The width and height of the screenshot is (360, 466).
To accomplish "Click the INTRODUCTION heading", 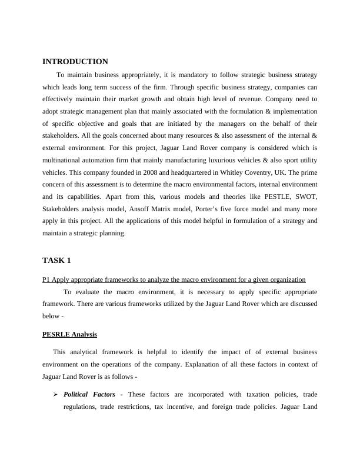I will pos(75,62).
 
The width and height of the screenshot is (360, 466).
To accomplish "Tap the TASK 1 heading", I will pos(56,260).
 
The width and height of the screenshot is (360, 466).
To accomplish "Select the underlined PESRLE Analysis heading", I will pos(69,334).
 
